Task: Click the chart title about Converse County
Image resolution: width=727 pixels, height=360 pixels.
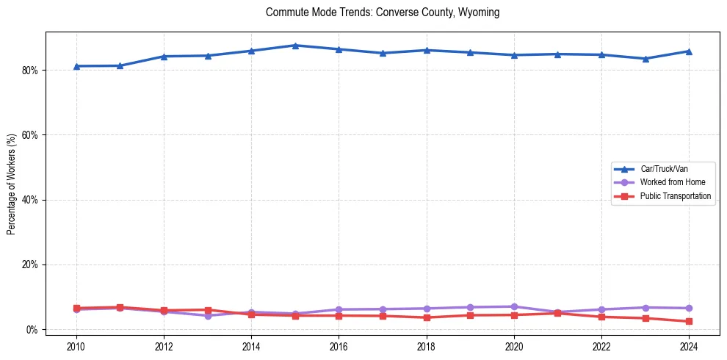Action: click(383, 12)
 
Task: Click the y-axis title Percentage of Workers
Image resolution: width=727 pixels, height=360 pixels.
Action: click(12, 184)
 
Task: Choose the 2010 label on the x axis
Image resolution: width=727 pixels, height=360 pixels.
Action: click(76, 346)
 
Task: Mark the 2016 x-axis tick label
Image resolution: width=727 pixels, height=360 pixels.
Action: click(339, 346)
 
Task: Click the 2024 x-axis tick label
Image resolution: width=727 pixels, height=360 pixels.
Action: click(689, 346)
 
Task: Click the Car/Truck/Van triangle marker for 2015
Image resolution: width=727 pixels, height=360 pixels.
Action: click(295, 46)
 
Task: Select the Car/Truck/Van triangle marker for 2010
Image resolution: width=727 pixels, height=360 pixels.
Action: click(76, 66)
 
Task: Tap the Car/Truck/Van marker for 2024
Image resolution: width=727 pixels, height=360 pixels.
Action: click(689, 51)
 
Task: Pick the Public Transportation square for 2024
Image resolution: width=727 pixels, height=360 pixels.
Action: click(689, 321)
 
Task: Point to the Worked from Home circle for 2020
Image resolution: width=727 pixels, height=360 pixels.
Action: click(514, 306)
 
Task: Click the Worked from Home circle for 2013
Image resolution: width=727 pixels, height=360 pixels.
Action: click(208, 315)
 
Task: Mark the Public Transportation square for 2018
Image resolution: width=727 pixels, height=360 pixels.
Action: click(427, 317)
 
